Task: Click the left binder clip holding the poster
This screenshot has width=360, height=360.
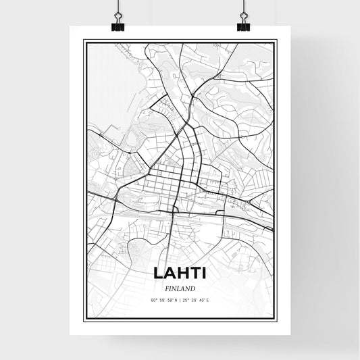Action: coord(118,26)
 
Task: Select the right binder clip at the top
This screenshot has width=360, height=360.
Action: coord(242,26)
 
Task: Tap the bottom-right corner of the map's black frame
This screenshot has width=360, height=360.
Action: coord(277,323)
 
